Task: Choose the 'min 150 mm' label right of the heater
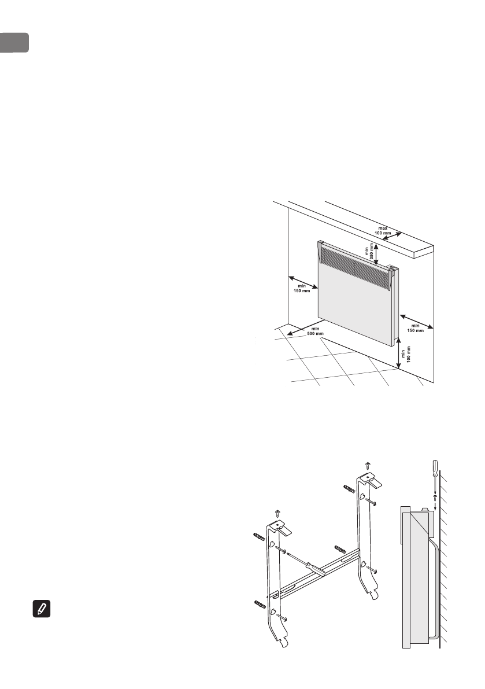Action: coord(416,328)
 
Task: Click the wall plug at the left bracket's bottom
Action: coord(260,606)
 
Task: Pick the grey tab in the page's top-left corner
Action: coord(13,42)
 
